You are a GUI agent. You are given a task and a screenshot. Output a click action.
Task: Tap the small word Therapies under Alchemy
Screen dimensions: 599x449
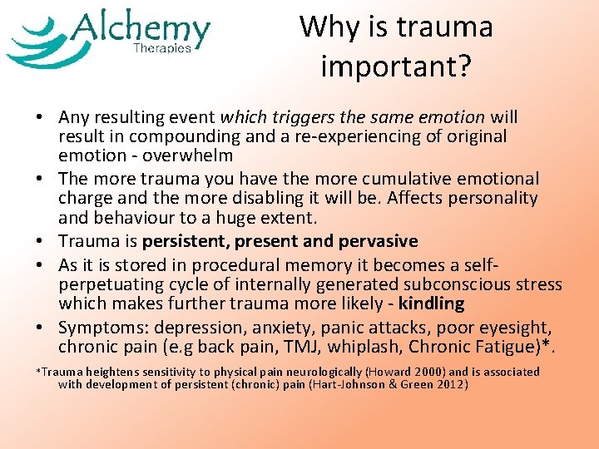click(x=162, y=48)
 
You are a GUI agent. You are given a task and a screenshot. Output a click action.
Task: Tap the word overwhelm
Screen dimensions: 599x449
click(x=189, y=155)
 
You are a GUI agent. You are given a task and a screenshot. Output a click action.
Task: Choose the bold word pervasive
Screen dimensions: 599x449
click(x=378, y=241)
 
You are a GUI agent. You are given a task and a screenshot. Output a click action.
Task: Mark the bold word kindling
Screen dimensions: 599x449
click(x=431, y=303)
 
